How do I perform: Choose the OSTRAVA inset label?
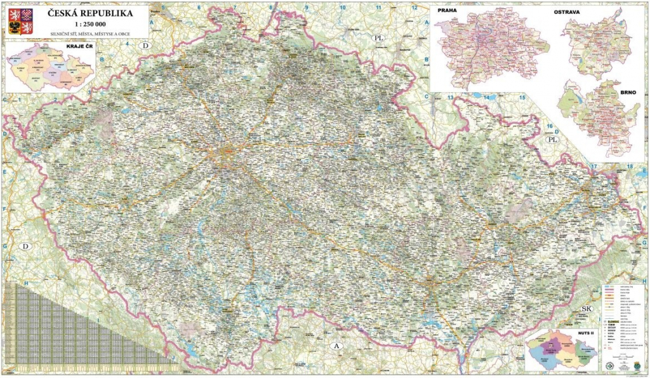569,12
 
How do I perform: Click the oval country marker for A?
337,345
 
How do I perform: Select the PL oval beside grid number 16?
552,138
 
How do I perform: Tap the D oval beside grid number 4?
146,46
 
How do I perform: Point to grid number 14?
487,97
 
